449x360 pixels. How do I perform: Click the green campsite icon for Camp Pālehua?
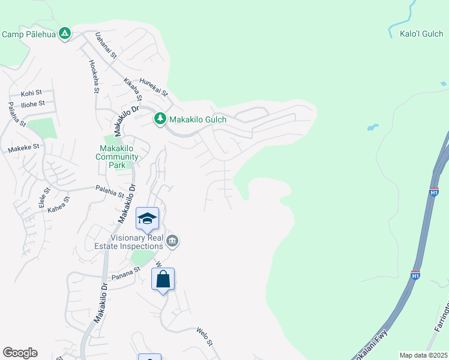tap(65, 34)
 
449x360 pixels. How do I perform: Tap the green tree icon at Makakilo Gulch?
tap(160, 119)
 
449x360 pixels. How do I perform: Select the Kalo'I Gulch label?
tap(421, 34)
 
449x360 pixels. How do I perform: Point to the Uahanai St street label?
tap(105, 46)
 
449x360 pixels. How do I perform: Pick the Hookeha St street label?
tap(94, 76)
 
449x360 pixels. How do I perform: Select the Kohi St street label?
tap(31, 94)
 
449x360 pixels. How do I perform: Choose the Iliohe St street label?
tap(33, 104)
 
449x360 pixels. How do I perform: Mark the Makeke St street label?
tap(23, 146)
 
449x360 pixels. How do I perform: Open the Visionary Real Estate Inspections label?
tap(129, 242)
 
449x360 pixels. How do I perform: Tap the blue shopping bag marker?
tap(163, 279)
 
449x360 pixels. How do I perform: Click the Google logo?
tap(20, 353)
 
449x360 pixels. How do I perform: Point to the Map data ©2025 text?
tap(424, 355)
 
